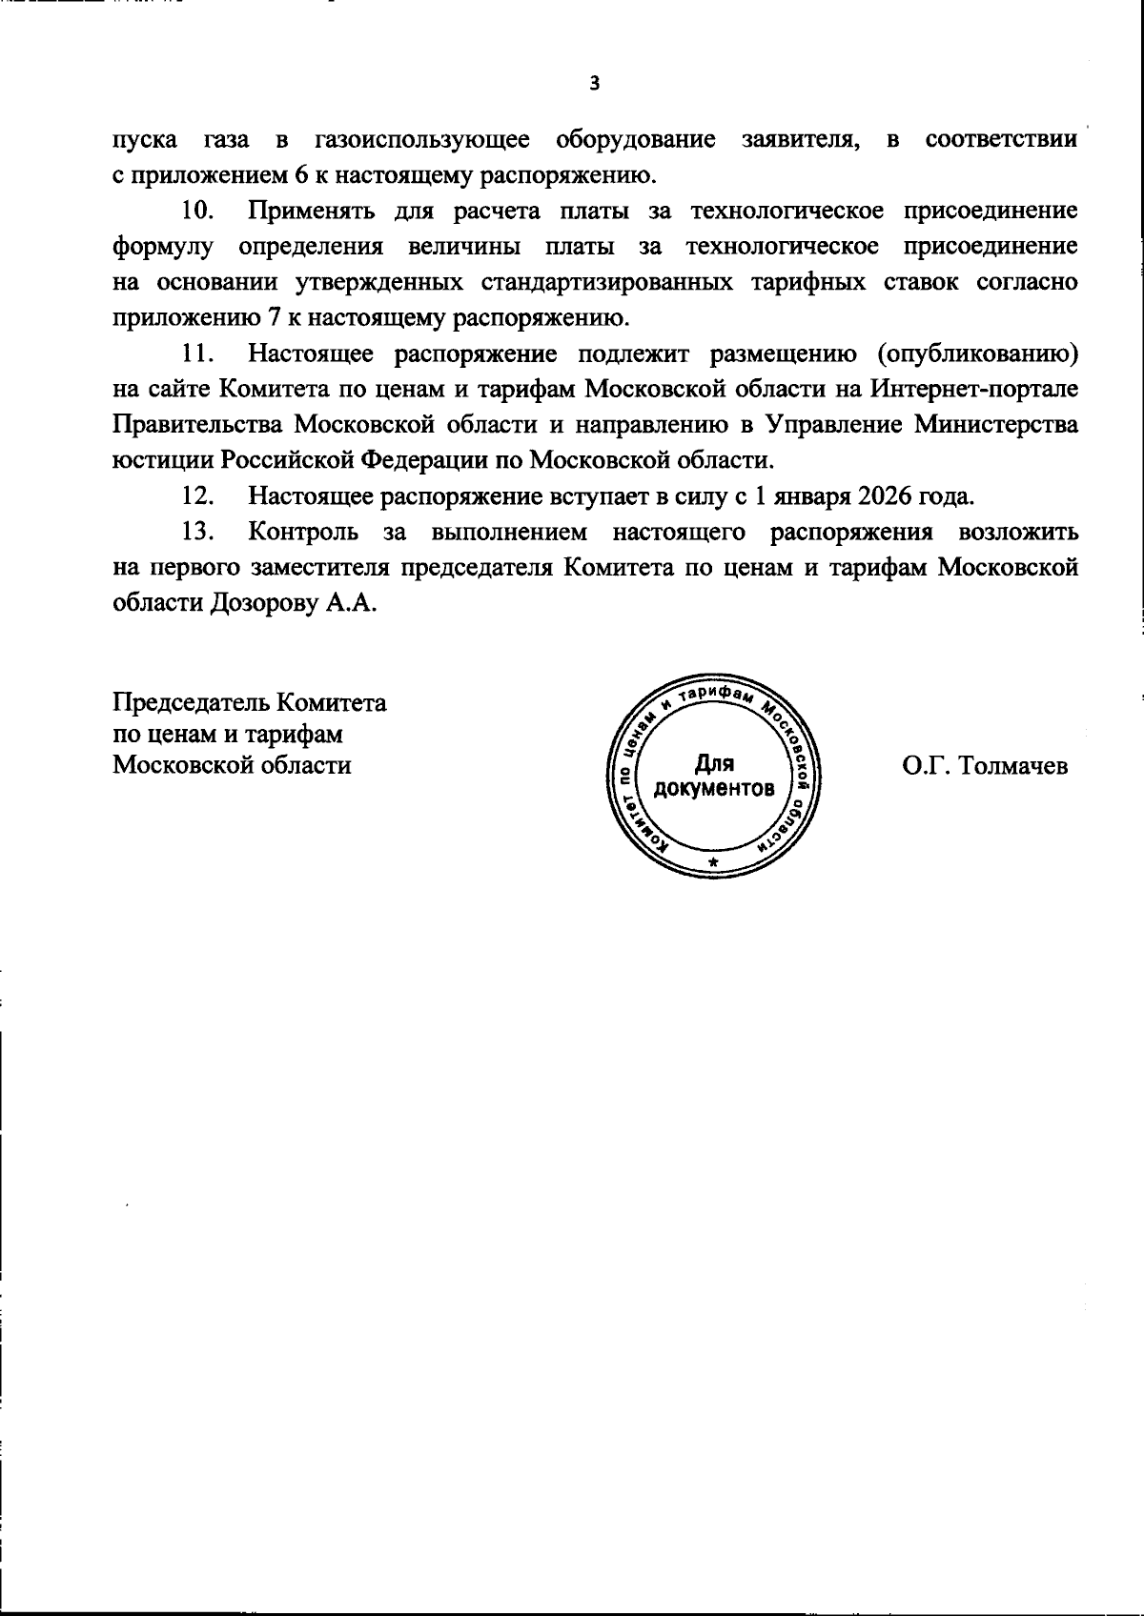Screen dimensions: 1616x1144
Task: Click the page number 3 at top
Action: point(595,85)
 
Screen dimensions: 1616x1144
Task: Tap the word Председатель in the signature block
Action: point(192,704)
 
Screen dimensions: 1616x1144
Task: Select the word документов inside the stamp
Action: point(714,790)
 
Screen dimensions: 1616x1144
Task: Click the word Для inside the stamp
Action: point(713,763)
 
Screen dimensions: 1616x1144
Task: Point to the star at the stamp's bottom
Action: point(713,863)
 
